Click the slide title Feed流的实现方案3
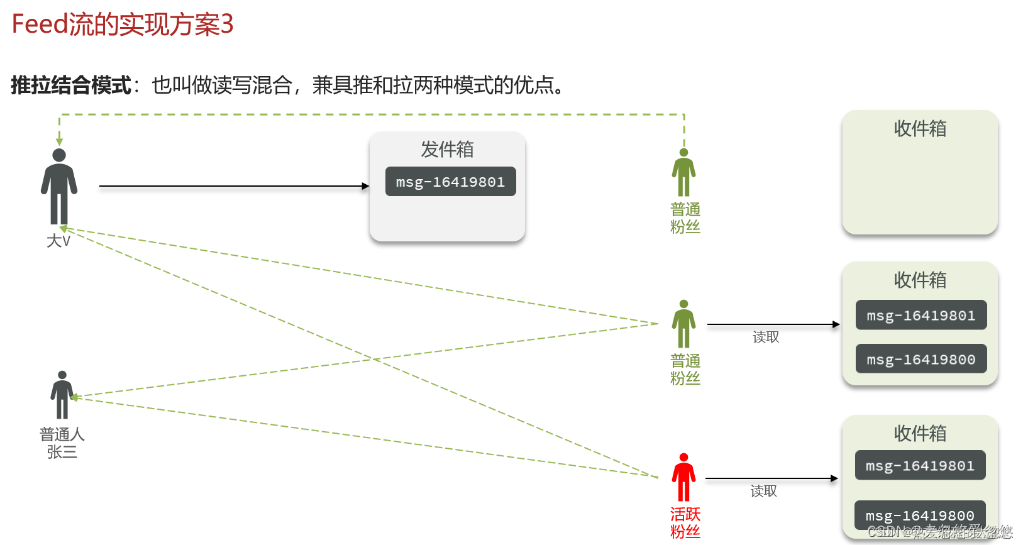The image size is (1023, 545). (x=123, y=25)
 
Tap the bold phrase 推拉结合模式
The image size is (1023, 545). (x=71, y=85)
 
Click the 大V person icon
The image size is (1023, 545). (x=59, y=186)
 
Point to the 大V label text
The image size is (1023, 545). (x=58, y=241)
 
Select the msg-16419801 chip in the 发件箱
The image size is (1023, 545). (x=450, y=182)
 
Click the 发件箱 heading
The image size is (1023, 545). (x=447, y=150)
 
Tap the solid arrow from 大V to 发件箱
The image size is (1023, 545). (x=233, y=186)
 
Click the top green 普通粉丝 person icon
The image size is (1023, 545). (x=683, y=173)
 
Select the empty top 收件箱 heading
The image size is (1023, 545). (x=920, y=129)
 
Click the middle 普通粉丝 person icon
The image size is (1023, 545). (x=683, y=324)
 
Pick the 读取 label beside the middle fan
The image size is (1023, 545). (x=766, y=338)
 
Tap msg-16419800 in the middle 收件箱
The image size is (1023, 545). (x=921, y=359)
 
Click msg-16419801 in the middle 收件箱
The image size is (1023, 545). (x=921, y=316)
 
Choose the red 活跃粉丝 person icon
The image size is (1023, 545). (x=683, y=478)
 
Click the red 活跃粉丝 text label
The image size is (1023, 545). (x=685, y=523)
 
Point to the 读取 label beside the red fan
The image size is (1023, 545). (x=764, y=491)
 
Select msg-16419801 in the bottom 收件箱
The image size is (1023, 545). (x=920, y=466)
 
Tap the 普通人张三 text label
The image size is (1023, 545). (x=62, y=443)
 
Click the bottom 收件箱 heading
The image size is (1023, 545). (x=920, y=433)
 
